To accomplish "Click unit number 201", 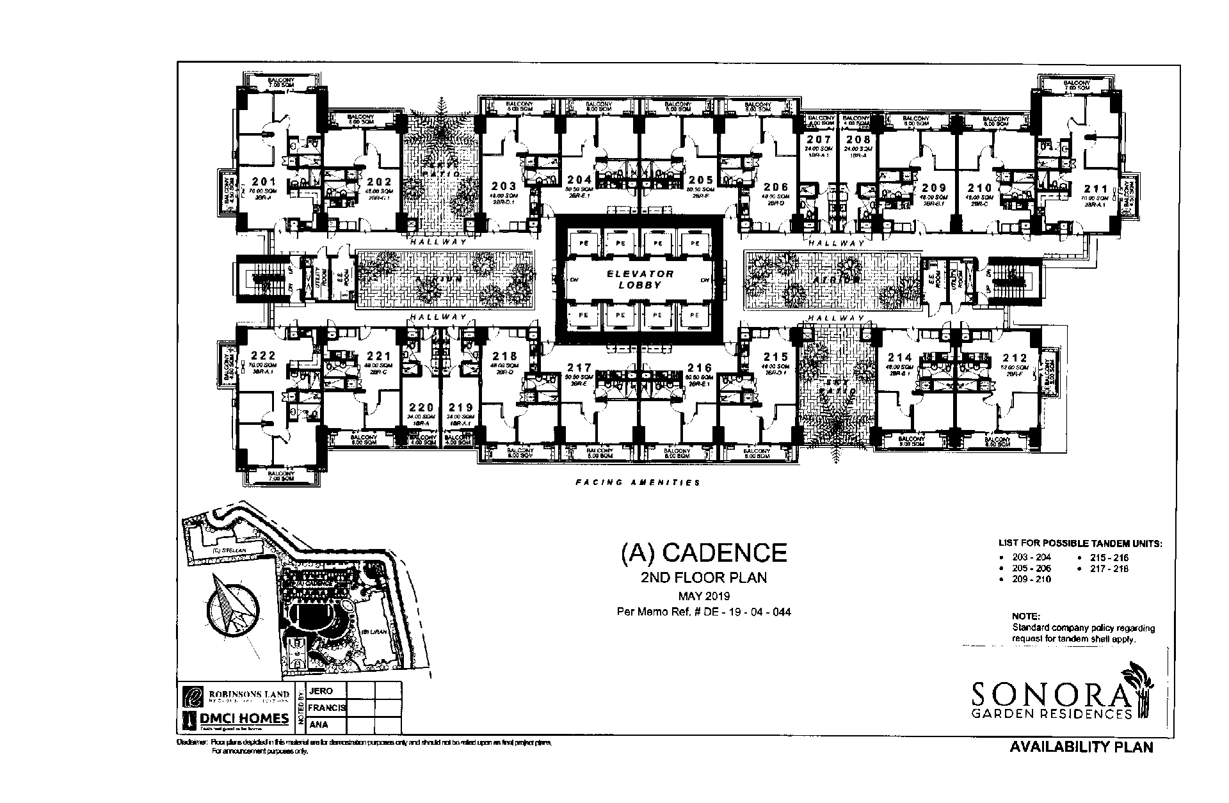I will (264, 182).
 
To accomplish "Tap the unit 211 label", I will (1095, 189).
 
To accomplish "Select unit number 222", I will (263, 356).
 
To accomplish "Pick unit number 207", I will (819, 139).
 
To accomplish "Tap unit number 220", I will (422, 408).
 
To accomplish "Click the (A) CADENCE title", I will (703, 552).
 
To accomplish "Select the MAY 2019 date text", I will (703, 596).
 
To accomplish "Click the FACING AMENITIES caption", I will (638, 482).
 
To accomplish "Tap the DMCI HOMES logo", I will (236, 719).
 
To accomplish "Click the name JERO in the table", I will (321, 691).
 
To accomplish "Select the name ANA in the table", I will (318, 725).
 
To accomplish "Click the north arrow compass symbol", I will (229, 605).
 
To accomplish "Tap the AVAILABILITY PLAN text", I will (1080, 747).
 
